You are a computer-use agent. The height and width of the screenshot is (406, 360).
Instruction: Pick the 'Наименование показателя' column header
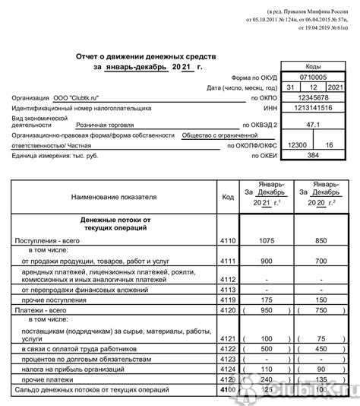click(x=114, y=196)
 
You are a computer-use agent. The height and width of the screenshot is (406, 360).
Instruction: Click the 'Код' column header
click(x=228, y=196)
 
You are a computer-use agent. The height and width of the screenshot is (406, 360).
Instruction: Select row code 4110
click(x=228, y=240)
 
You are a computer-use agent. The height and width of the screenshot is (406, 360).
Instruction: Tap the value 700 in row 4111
click(x=321, y=261)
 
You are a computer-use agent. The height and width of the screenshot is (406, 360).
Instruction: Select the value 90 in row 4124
click(x=321, y=368)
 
